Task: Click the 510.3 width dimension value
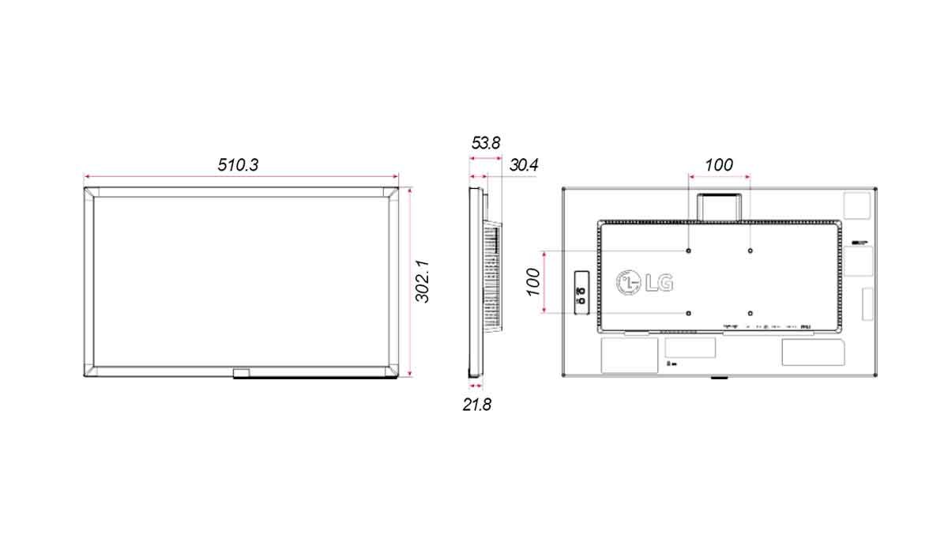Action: [239, 165]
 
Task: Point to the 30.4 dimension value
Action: [524, 165]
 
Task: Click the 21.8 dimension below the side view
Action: [477, 405]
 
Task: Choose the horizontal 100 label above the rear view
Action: [718, 165]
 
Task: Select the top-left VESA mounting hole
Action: [690, 251]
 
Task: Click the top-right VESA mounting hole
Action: [749, 251]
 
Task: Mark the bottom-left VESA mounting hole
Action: [690, 313]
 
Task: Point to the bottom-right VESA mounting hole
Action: [749, 313]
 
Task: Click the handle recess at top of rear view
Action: [718, 205]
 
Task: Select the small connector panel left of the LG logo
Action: [581, 292]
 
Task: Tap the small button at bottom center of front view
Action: [241, 371]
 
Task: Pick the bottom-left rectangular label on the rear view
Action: [630, 355]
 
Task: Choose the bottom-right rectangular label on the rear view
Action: [811, 352]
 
